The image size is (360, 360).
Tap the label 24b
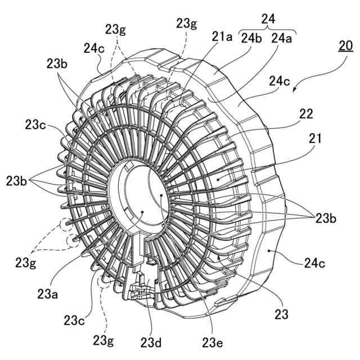point(251,38)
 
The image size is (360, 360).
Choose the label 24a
point(281,38)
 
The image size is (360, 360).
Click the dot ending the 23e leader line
point(162,195)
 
